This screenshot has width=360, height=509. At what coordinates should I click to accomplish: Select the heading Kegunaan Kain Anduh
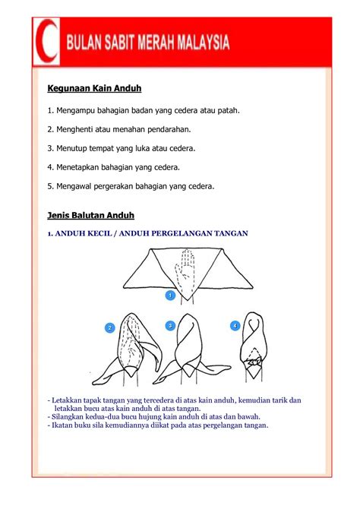coord(94,89)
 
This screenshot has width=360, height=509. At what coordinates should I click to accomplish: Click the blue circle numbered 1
coord(171,294)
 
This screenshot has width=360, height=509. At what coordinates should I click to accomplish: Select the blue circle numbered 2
coord(110,327)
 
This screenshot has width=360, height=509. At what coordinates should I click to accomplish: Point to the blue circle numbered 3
coord(171,325)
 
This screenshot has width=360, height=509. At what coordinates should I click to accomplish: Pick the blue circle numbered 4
coord(235,325)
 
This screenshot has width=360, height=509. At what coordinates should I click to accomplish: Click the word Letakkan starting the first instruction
coord(68,400)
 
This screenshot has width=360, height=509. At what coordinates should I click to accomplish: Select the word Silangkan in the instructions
coord(70,416)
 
